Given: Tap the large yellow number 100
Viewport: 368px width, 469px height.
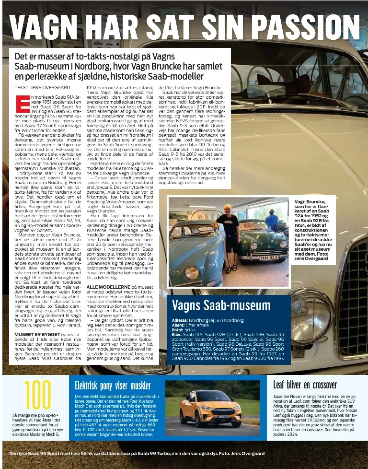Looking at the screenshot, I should click(x=37, y=396).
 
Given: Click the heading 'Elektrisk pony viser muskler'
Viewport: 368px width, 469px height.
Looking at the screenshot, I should click(x=113, y=386).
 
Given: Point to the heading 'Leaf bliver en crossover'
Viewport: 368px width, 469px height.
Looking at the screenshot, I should click(x=305, y=385).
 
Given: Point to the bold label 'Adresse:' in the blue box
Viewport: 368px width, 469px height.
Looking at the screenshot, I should click(x=180, y=320).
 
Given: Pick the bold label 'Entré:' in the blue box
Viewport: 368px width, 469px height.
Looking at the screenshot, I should click(x=178, y=330).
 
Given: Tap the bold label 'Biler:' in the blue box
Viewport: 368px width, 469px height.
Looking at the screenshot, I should click(x=177, y=335).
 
